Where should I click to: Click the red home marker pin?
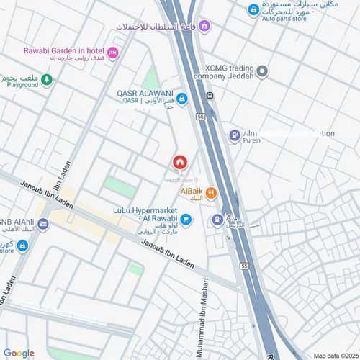coord(180,162)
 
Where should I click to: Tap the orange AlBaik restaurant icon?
coord(211,192)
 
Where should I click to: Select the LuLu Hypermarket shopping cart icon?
coord(186,220)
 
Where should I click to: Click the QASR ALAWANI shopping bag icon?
coord(182,99)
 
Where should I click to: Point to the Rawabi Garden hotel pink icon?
coord(112,53)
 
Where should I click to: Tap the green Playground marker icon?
coord(46,79)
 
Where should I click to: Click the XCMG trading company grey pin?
coord(262,71)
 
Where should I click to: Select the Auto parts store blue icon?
coord(253,10)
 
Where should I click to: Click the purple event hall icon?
coord(204,27)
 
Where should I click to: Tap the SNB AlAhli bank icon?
coord(43,224)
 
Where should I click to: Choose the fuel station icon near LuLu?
coord(216,220)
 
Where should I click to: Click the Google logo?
coord(19,353)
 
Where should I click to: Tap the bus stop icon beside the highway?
coord(209,96)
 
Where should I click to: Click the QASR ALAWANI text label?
coord(145,92)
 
